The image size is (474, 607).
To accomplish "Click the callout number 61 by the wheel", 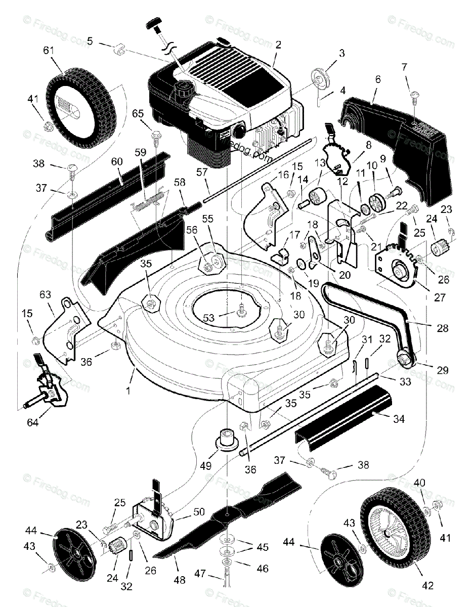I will (49, 51).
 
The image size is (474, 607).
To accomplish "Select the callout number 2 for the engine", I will (277, 45).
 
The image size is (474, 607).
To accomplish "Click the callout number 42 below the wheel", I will (427, 586).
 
